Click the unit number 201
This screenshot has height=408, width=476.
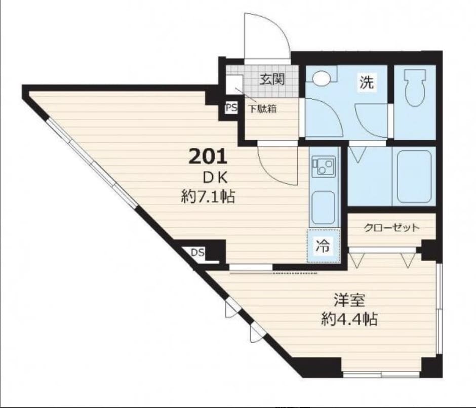[x=208, y=156]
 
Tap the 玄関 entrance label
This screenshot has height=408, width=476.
[x=272, y=79]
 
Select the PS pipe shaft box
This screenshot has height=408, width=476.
[x=231, y=108]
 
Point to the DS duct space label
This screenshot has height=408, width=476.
[x=197, y=252]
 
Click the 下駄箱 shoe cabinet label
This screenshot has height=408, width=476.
[x=263, y=109]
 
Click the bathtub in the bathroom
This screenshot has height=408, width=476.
[x=414, y=176]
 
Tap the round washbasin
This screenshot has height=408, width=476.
[x=321, y=78]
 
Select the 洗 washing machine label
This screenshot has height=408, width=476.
[x=367, y=81]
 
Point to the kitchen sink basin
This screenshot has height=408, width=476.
[x=324, y=208]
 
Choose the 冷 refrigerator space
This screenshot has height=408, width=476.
[x=323, y=246]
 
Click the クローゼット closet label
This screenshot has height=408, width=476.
[x=391, y=227]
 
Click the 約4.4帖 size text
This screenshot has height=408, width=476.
[x=349, y=319]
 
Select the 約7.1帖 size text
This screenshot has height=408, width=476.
[x=208, y=196]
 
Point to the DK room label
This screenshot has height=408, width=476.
[x=215, y=178]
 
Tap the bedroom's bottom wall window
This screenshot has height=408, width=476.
[x=381, y=374]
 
